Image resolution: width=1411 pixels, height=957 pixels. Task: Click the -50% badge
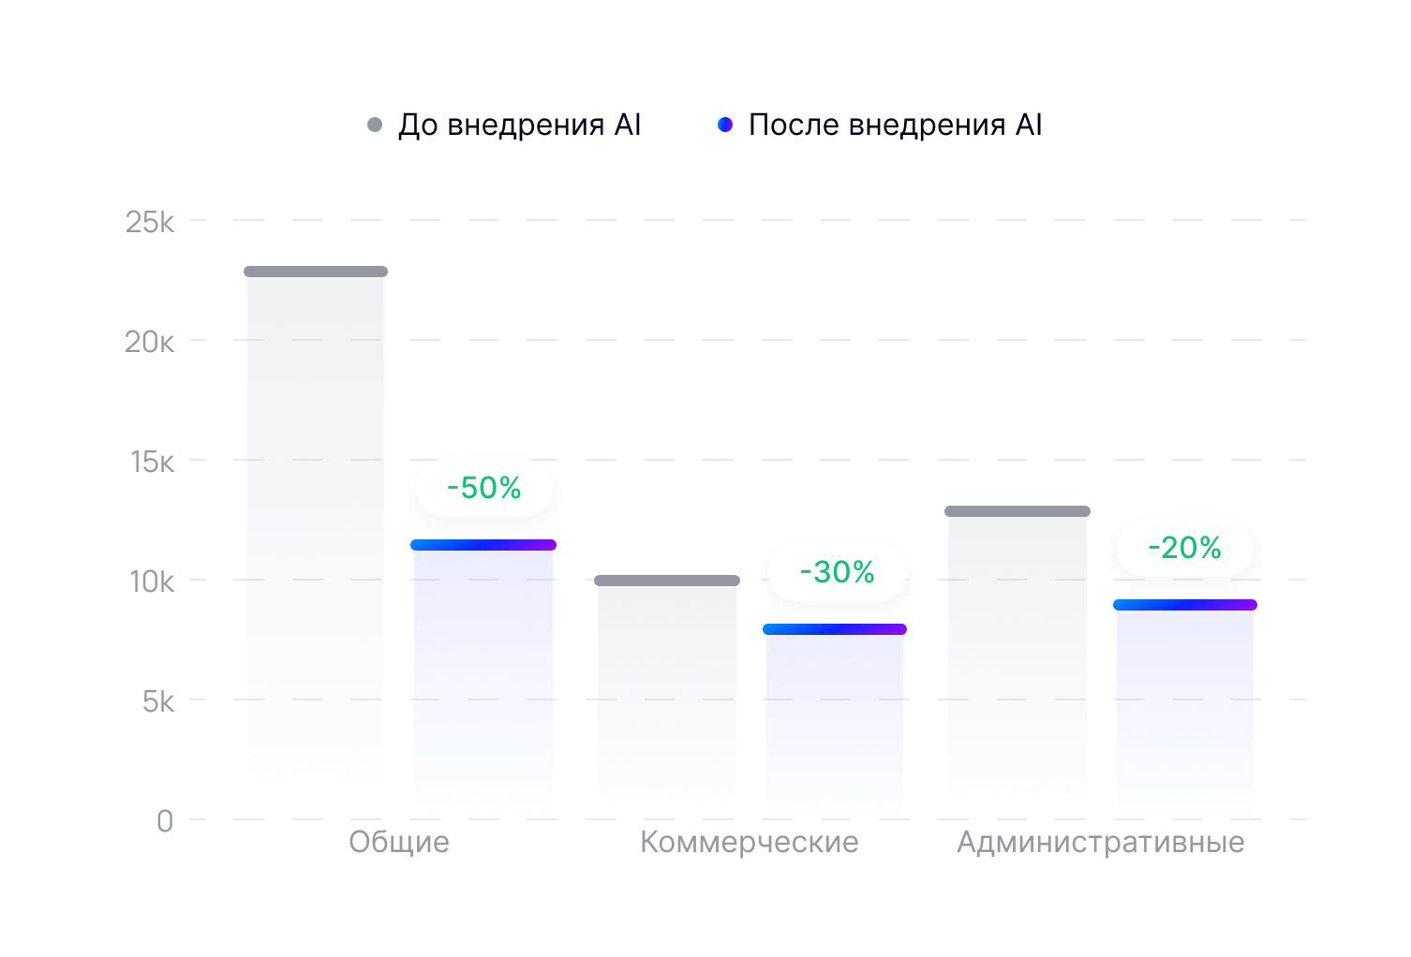click(x=483, y=488)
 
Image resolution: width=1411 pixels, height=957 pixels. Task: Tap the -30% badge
click(x=837, y=572)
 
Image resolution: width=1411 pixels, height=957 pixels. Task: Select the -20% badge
click(x=1184, y=548)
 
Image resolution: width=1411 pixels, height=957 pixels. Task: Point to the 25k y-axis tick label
click(x=150, y=222)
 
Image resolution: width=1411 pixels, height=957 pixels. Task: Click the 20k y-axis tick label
click(x=150, y=342)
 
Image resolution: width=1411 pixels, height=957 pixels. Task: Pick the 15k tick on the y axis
click(x=152, y=462)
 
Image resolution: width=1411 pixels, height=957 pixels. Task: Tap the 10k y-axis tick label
click(x=152, y=582)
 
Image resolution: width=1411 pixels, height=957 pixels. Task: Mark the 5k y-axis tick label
click(x=157, y=701)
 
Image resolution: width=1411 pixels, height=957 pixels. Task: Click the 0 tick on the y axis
click(x=165, y=821)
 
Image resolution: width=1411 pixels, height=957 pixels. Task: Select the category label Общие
click(x=399, y=842)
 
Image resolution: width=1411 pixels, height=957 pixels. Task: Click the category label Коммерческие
click(x=750, y=842)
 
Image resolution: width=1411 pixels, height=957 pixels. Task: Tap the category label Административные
click(x=1101, y=842)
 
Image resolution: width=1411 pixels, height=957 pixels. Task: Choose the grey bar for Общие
click(x=316, y=524)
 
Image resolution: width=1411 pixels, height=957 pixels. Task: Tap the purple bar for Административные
click(x=1185, y=712)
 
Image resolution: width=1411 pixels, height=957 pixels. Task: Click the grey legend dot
click(x=375, y=125)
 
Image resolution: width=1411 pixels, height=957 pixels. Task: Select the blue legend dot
click(x=724, y=125)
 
